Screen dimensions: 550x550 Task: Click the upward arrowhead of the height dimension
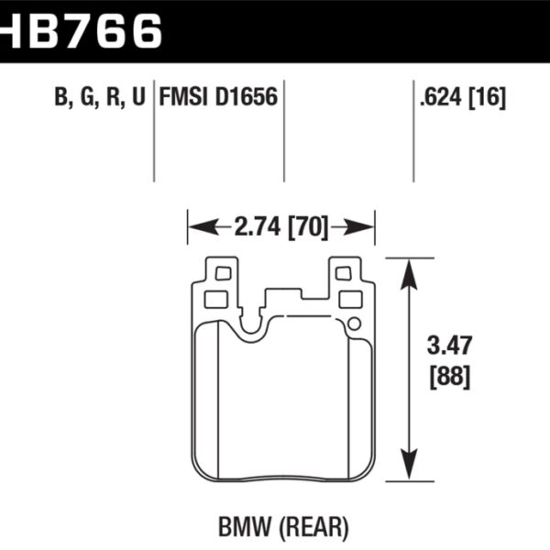(x=408, y=269)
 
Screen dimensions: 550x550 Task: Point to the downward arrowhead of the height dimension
(x=408, y=469)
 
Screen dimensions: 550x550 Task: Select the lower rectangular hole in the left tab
(x=216, y=299)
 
